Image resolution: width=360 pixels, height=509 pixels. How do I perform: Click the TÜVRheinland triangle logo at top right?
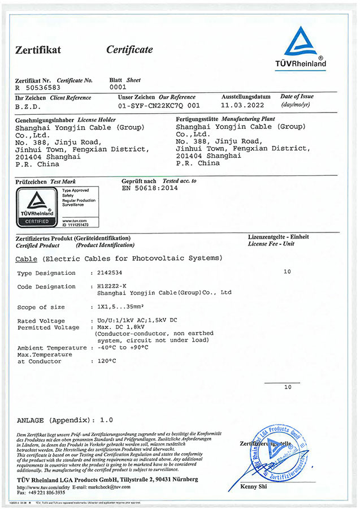coord(305,42)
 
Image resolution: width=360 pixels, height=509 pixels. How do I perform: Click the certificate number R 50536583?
coord(37,88)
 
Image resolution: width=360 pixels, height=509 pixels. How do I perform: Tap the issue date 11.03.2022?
coord(242,105)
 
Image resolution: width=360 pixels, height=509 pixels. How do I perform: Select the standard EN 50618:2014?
coord(149,188)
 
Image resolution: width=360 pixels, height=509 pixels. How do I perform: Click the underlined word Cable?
coord(27,258)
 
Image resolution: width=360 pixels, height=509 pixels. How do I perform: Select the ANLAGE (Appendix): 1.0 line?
coord(65,420)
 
